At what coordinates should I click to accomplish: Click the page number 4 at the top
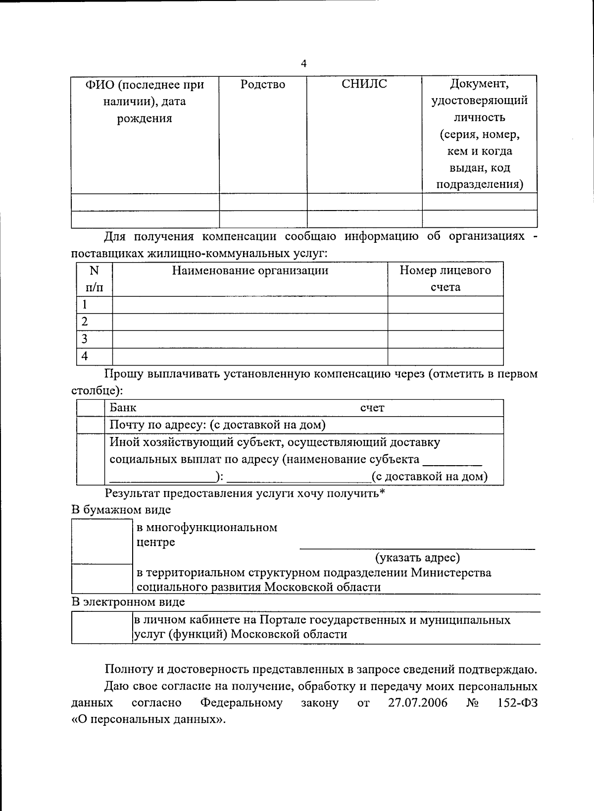pos(303,63)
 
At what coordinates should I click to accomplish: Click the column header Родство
pos(262,84)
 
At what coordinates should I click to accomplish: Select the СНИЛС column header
pos(364,84)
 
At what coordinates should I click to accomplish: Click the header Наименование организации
pos(250,270)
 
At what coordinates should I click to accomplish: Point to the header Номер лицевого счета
pos(445,278)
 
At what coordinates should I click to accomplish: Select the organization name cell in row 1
pos(250,305)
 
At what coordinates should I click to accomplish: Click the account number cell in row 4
pos(445,356)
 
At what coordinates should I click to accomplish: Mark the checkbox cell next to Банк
pos(91,408)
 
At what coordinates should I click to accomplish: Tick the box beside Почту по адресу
pos(91,425)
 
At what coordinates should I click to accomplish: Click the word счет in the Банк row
pos(372,408)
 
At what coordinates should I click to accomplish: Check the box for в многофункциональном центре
pos(102,541)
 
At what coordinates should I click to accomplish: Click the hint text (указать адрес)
pos(417,558)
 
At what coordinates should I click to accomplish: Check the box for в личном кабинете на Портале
pos(102,627)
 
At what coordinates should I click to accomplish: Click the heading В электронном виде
pos(128,602)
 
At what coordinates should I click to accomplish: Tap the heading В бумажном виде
pos(121,510)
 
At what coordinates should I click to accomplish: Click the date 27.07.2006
pos(417,703)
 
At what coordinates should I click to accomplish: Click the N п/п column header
pos(94,278)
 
